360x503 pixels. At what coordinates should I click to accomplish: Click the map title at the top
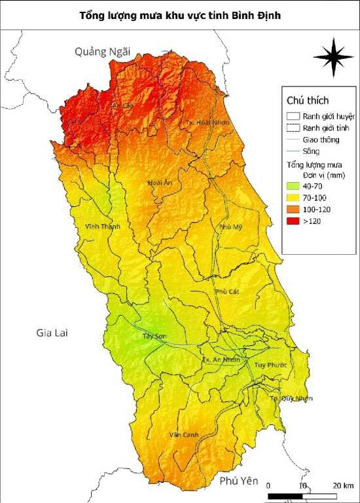180,14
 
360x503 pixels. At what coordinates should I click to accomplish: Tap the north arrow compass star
333,57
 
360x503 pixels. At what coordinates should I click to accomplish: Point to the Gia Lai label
52,333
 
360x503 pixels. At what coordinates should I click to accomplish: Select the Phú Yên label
240,481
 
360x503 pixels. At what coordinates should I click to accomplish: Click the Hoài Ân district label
160,183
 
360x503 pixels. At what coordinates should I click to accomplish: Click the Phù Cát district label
226,291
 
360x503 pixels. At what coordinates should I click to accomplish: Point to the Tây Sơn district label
154,337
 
